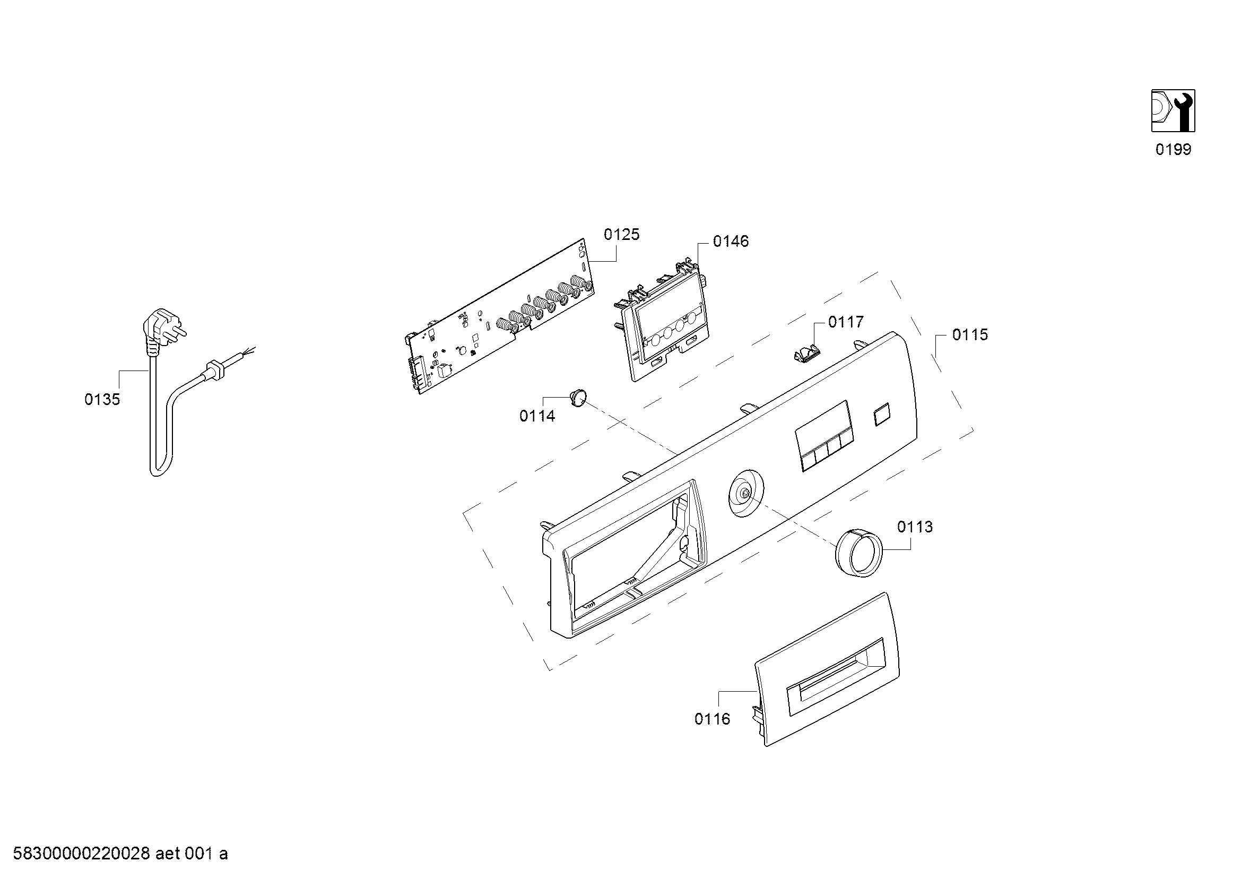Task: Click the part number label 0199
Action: click(x=1173, y=149)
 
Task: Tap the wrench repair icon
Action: click(x=1173, y=111)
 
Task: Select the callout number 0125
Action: click(x=622, y=235)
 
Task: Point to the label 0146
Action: click(x=731, y=242)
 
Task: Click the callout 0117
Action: click(x=846, y=322)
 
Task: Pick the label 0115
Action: click(x=970, y=335)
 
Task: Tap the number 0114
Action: click(x=537, y=416)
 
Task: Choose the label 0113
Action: click(x=915, y=527)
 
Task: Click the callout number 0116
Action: click(x=713, y=719)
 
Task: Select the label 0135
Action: click(x=102, y=400)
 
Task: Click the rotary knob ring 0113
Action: click(x=858, y=554)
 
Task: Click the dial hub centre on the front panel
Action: click(x=745, y=493)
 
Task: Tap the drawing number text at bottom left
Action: click(x=120, y=854)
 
